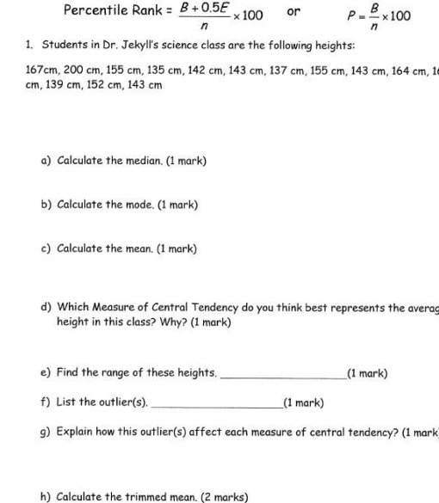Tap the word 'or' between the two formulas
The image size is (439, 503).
(294, 12)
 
